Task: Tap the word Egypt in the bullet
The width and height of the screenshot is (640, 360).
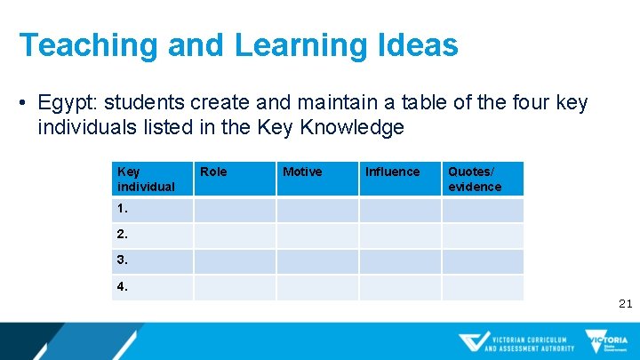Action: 65,104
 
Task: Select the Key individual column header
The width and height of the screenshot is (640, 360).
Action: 146,179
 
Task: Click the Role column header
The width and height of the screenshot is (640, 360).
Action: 213,172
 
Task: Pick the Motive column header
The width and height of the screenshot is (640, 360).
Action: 302,172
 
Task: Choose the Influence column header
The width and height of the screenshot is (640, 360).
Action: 392,172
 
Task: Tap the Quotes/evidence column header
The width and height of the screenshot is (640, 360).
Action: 475,179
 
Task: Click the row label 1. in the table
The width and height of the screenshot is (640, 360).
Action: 123,210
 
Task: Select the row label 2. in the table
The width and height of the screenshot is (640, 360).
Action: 123,236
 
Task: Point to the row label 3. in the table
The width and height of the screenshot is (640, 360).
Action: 123,261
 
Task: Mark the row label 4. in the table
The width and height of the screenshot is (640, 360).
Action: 123,287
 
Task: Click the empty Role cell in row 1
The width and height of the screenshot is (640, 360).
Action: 235,210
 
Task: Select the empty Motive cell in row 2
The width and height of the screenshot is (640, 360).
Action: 317,236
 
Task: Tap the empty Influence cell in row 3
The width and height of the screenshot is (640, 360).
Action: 400,261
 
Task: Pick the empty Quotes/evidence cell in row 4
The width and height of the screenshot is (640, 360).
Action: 483,287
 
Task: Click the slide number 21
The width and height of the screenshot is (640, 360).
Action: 625,304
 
